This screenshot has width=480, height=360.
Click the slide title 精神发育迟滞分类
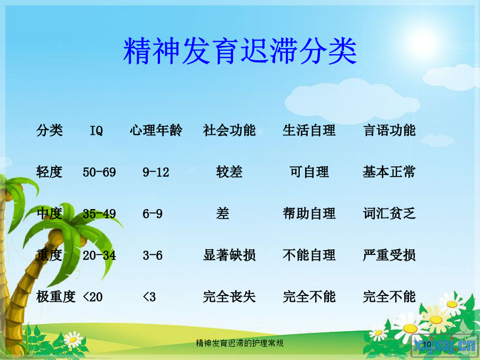tap(240, 51)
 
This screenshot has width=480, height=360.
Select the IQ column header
tap(96, 131)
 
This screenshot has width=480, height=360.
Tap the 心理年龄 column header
tap(156, 130)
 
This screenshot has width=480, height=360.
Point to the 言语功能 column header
tap(389, 130)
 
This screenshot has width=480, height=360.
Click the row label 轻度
tap(49, 172)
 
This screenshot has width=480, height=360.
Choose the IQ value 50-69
tap(99, 172)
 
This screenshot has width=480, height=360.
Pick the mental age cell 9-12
tap(156, 172)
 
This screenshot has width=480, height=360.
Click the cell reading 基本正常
tap(389, 172)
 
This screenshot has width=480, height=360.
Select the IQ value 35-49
tap(99, 214)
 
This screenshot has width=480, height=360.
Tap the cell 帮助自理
tap(309, 213)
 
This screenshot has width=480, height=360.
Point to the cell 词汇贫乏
tap(389, 213)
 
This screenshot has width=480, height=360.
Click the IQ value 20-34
tap(99, 255)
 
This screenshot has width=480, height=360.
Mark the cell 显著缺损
tap(229, 255)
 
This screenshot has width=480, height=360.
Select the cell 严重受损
tap(389, 255)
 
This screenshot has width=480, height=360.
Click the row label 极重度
tap(55, 297)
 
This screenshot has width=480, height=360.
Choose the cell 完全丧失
tap(229, 297)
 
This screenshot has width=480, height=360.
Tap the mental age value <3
tap(149, 297)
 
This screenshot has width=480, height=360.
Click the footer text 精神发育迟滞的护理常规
tap(239, 343)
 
